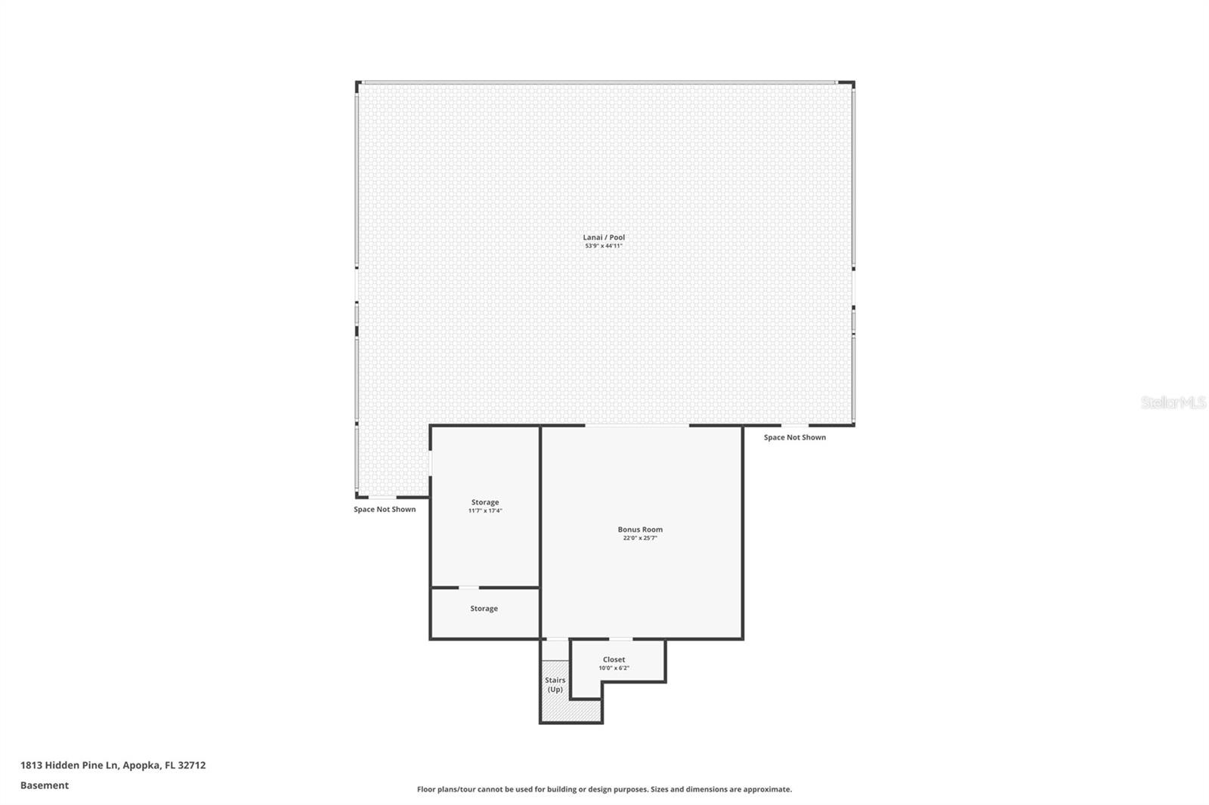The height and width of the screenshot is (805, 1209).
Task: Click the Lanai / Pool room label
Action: (604, 237)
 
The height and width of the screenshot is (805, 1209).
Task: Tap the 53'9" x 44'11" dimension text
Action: (604, 246)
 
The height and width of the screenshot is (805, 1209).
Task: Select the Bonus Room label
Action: (640, 529)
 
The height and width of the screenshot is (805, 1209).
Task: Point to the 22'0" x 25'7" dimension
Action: (640, 538)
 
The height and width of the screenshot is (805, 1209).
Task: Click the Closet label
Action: (614, 659)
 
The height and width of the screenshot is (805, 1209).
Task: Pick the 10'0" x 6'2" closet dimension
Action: (614, 668)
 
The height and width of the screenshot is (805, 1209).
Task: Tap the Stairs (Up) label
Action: (555, 685)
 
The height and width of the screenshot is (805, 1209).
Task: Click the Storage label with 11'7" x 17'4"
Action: (484, 501)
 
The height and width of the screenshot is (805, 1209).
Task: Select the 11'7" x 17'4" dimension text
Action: (484, 510)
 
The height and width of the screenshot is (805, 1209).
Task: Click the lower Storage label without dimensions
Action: (484, 608)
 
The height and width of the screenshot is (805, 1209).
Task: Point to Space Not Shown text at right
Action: (794, 437)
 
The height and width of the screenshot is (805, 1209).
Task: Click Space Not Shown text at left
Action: (385, 509)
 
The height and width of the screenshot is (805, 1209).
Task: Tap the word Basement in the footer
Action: (45, 785)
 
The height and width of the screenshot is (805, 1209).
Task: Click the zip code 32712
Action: (192, 765)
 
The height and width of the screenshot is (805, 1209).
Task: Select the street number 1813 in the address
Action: (31, 765)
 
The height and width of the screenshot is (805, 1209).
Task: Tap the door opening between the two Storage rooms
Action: (468, 588)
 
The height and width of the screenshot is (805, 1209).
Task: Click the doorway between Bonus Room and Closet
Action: (620, 640)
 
